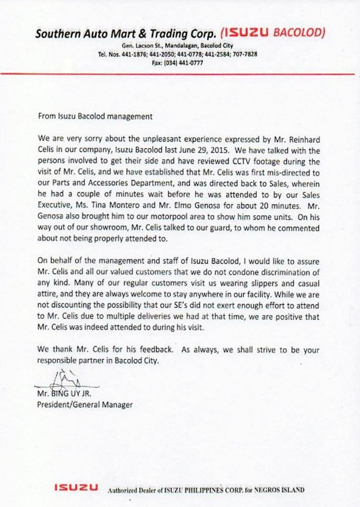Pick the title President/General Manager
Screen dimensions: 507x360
(84, 405)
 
